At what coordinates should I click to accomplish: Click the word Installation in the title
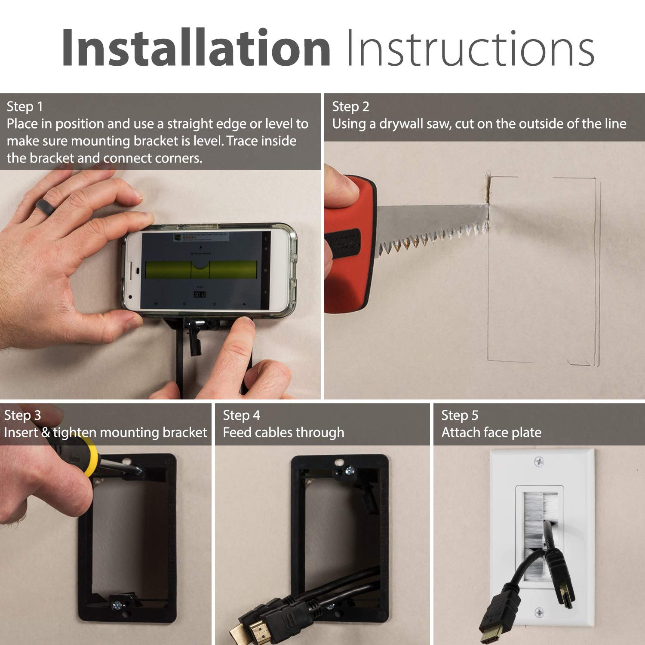click(x=196, y=48)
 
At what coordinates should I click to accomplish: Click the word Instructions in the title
click(x=470, y=48)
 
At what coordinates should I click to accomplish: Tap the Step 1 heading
click(x=25, y=107)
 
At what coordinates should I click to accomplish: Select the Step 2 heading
click(x=350, y=107)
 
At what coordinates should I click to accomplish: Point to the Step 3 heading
click(x=22, y=415)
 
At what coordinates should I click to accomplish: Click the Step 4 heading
click(x=241, y=415)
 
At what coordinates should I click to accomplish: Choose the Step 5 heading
click(x=459, y=415)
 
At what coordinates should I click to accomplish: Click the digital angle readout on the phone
click(x=199, y=295)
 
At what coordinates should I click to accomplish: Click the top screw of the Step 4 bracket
click(x=350, y=471)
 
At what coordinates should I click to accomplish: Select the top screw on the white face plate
click(x=539, y=462)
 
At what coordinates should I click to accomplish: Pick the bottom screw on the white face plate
click(x=539, y=612)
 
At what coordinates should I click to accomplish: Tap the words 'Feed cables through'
click(x=283, y=433)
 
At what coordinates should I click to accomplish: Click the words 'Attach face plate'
click(x=491, y=433)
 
